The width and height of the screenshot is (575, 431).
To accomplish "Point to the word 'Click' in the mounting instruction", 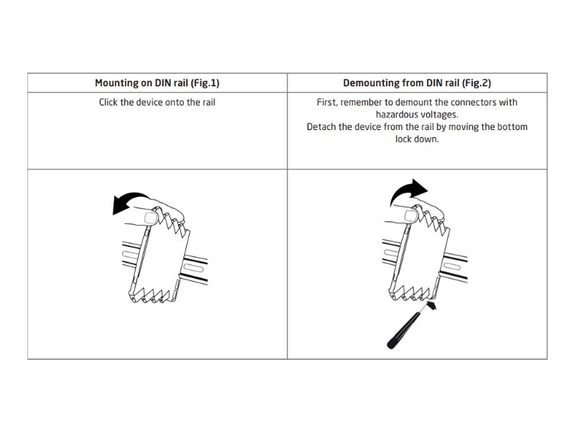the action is point(109,102).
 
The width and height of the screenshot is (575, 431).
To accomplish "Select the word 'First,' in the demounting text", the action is point(327,102).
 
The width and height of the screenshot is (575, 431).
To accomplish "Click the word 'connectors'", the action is point(475,102).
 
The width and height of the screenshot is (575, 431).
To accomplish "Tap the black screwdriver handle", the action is point(402,330).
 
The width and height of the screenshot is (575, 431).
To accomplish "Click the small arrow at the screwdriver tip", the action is point(432,305).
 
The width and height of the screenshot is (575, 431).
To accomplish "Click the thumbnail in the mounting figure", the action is point(151,218).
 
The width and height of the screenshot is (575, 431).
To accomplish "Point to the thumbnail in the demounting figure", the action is point(411,215).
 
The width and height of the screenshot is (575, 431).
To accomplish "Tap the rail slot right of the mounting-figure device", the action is point(193,267).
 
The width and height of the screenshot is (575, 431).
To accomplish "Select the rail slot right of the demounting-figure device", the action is point(452,266).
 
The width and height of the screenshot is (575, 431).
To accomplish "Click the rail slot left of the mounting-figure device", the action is point(130,254).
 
